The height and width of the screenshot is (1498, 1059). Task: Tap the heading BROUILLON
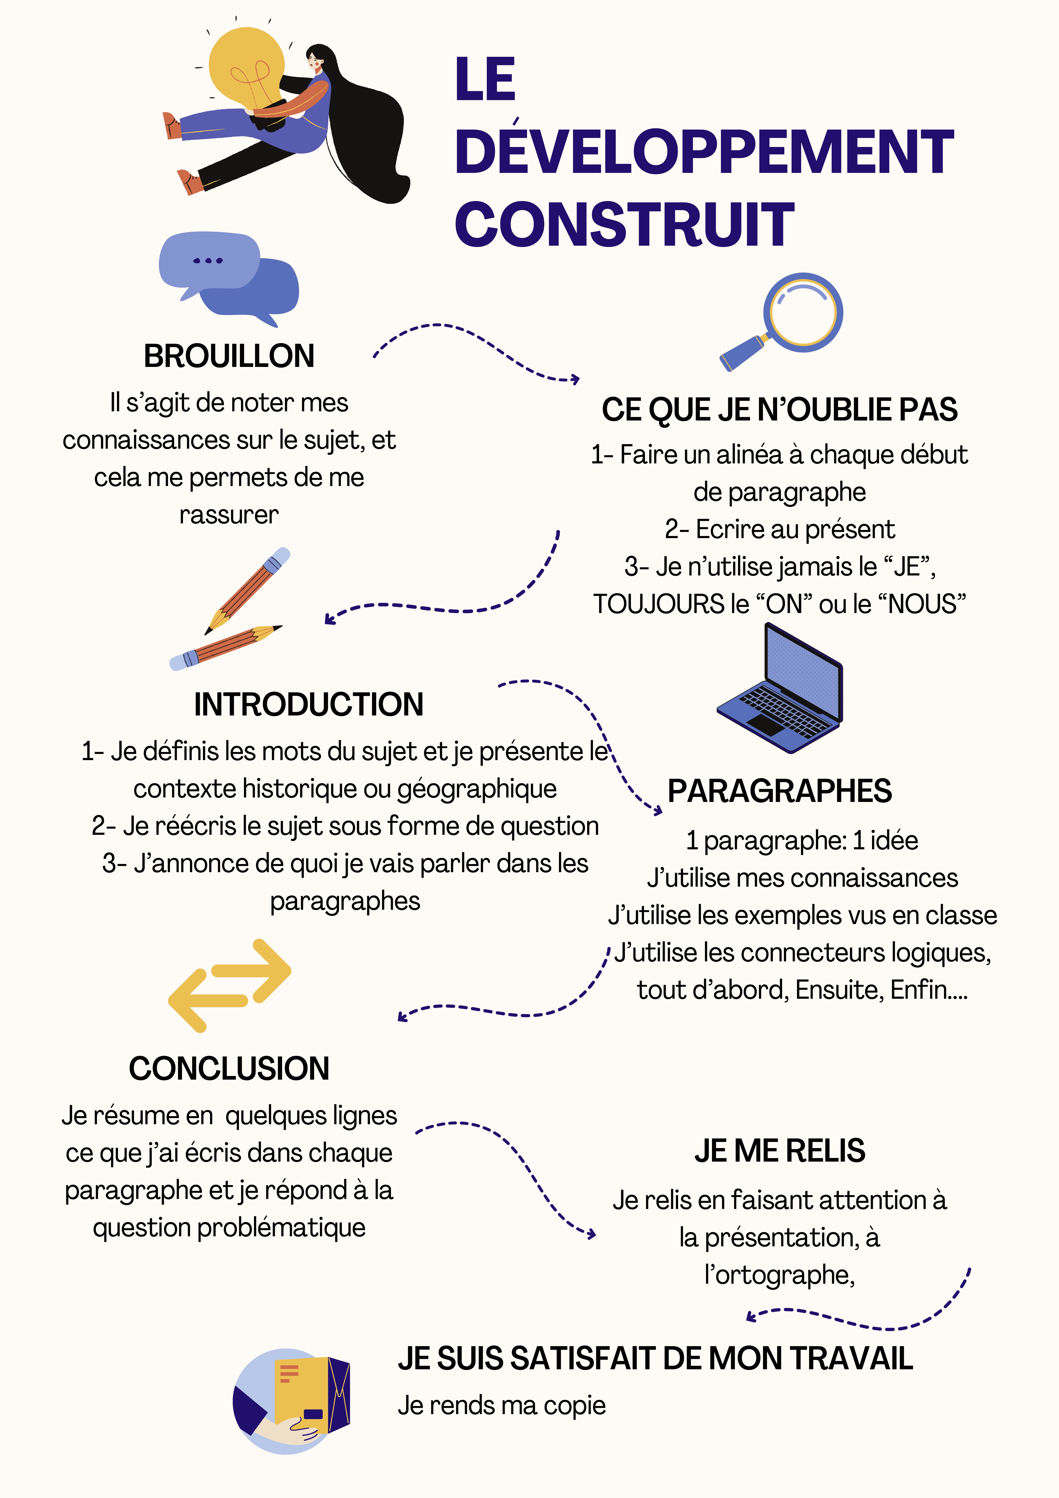(x=229, y=356)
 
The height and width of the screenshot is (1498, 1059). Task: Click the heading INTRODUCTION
(x=309, y=705)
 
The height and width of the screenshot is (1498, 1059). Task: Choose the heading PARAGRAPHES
(x=780, y=791)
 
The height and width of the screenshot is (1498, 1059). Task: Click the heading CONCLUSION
(x=229, y=1069)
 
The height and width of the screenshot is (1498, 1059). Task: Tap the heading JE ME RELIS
(x=780, y=1151)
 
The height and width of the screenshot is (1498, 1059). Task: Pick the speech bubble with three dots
(x=209, y=261)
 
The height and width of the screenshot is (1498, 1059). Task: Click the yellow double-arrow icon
(x=230, y=985)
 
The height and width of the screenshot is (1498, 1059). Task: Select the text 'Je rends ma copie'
(x=502, y=1405)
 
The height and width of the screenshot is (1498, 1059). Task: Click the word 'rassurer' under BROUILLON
(x=229, y=515)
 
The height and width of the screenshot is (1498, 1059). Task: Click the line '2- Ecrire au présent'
(x=780, y=529)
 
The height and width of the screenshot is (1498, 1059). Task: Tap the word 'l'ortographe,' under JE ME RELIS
(x=780, y=1275)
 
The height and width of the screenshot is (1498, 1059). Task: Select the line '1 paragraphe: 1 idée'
(x=802, y=840)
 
